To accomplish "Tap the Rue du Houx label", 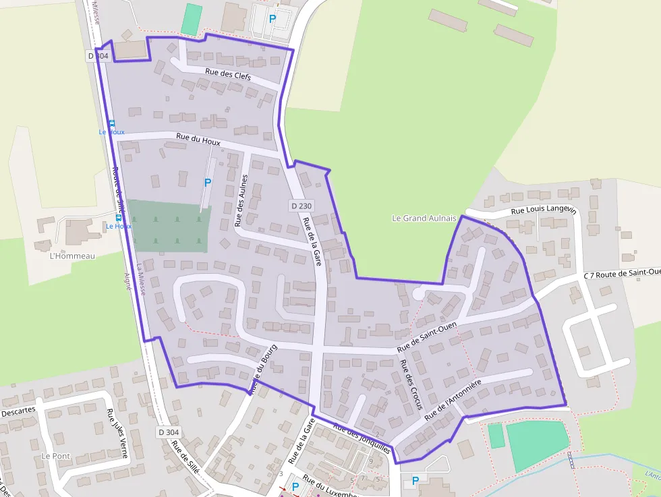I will click(x=198, y=139).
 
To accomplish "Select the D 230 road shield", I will click(x=302, y=205).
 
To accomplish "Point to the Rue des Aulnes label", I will click(x=241, y=200).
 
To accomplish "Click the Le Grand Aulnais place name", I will click(x=424, y=218).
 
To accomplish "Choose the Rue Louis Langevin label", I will click(x=544, y=210).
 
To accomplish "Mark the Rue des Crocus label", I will click(x=411, y=384).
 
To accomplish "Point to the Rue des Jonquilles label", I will click(x=362, y=438).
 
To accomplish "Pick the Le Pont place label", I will click(x=55, y=456).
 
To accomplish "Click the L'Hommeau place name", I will click(x=73, y=256).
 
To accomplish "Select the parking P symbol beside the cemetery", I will click(x=208, y=182).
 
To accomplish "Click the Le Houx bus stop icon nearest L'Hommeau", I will click(x=119, y=217).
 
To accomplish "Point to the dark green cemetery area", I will click(x=169, y=227).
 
